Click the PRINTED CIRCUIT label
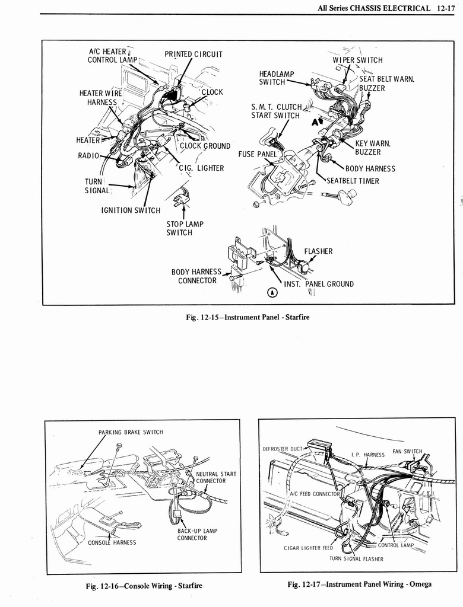194,55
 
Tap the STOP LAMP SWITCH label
185,228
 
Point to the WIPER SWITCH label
357,60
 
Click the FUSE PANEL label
254,154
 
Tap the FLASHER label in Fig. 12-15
318,251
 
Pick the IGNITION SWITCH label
131,210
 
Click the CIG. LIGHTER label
201,168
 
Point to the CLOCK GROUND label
205,146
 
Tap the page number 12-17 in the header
443,8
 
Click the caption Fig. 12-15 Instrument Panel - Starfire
248,317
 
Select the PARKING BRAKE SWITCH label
131,432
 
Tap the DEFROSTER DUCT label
283,449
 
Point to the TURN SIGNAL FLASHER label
356,559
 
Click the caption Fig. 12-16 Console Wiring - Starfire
144,586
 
